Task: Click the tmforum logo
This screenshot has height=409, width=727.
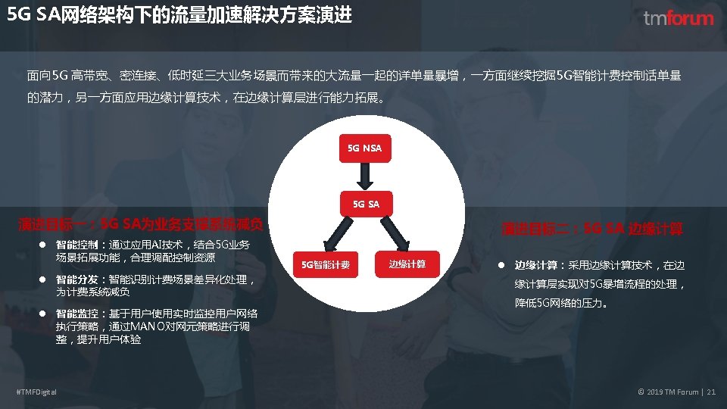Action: [678, 18]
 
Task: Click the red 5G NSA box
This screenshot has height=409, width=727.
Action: [364, 148]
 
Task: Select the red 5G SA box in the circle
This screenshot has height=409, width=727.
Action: [364, 203]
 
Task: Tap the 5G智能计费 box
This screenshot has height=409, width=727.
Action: [326, 264]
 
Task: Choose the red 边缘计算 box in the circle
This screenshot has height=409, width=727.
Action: [407, 264]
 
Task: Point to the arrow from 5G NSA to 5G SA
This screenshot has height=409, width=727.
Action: [364, 176]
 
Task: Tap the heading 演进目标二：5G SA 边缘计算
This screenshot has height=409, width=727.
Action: [592, 228]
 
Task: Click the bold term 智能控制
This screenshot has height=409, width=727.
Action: [76, 245]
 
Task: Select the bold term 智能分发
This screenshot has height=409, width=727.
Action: [76, 279]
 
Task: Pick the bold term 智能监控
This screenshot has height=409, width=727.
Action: [76, 314]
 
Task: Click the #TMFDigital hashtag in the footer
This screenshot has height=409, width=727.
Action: [36, 391]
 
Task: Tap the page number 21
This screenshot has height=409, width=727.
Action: [711, 391]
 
